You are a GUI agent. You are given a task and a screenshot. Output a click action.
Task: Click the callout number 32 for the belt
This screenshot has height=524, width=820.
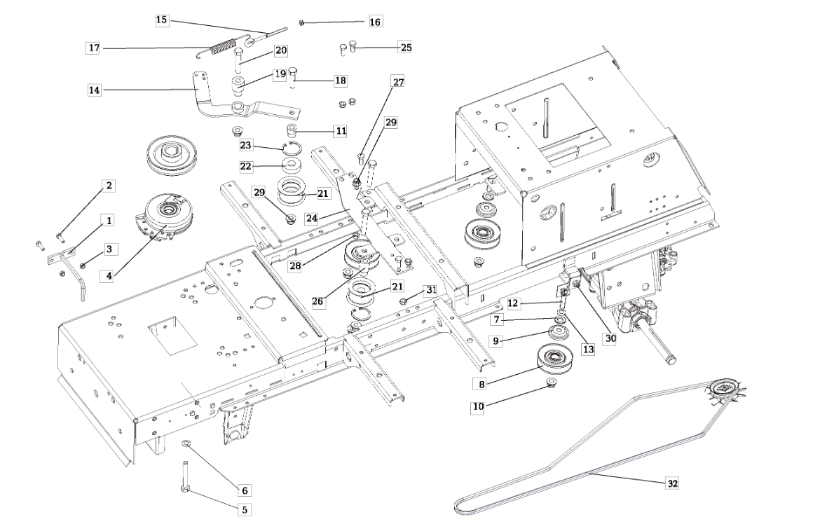coord(672,483)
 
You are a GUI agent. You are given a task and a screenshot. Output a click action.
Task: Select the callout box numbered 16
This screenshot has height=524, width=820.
coord(375,22)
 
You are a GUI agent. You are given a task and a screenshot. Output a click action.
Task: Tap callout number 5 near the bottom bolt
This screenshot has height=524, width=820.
coord(244,510)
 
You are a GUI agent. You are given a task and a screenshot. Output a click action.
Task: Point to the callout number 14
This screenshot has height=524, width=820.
coord(94,90)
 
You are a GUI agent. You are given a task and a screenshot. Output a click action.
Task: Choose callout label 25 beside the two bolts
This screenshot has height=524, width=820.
coord(405,48)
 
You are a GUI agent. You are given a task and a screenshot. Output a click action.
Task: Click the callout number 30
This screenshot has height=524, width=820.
coord(610,337)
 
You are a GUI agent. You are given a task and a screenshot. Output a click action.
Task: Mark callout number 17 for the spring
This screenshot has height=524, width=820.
coord(94,48)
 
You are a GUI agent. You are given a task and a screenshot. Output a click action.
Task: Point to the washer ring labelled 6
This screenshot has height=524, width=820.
coord(186,443)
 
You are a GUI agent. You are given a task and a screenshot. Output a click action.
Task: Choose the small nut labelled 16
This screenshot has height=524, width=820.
coord(300,22)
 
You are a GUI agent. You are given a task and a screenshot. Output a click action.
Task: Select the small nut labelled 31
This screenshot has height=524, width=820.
coord(404,302)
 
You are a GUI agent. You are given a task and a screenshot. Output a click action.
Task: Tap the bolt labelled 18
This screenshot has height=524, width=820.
coord(293,78)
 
